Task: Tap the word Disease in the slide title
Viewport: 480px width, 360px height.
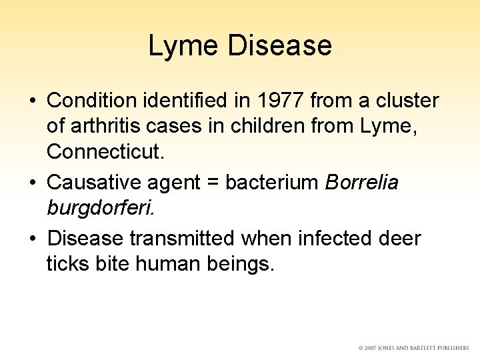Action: coord(279,46)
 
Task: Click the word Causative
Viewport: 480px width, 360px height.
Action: coord(92,182)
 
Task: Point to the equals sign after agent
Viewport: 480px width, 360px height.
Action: coord(213,182)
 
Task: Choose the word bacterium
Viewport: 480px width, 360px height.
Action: coord(272,182)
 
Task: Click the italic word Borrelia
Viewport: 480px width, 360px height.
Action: coord(362,182)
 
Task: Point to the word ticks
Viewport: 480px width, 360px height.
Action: coord(69,263)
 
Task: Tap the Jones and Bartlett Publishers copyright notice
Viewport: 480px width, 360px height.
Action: coord(413,348)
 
